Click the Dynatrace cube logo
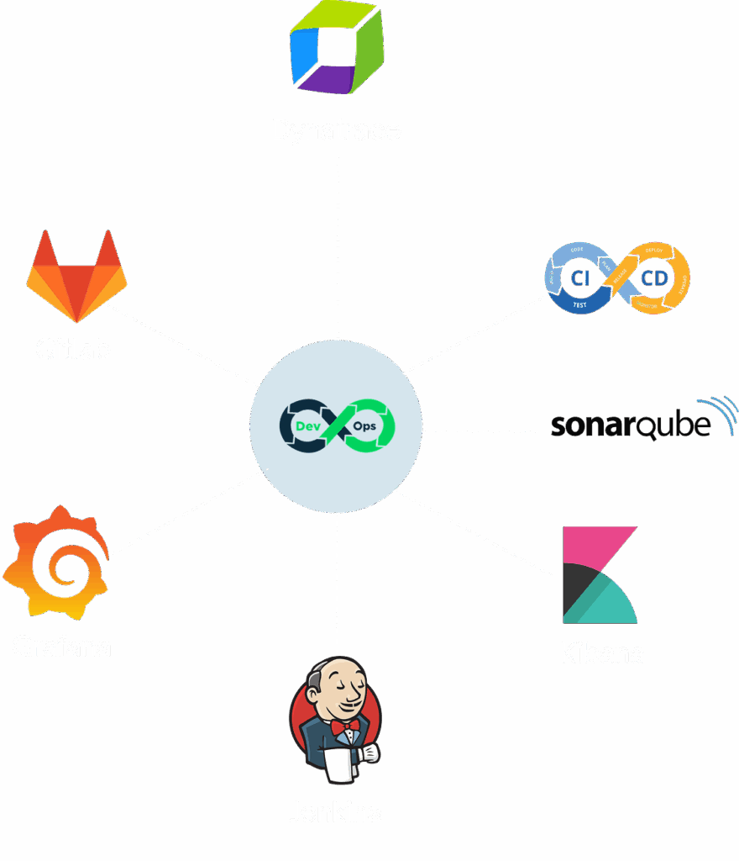(337, 49)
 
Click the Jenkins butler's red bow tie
(344, 725)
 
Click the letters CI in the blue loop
(579, 277)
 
